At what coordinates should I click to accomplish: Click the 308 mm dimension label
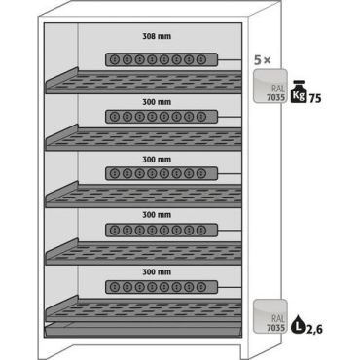(157, 36)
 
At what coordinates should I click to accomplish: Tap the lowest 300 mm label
(157, 271)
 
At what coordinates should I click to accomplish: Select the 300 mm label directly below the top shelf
(157, 102)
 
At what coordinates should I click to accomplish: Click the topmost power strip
(162, 59)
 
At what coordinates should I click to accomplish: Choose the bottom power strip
(162, 287)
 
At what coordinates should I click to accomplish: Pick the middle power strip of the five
(162, 173)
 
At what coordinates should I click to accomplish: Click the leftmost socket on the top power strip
(115, 59)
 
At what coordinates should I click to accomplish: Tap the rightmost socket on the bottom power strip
(201, 287)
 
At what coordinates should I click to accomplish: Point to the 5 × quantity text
(263, 60)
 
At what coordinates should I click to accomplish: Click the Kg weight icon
(299, 91)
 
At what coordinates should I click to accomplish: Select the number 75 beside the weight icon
(315, 98)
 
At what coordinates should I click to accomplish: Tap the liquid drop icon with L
(298, 324)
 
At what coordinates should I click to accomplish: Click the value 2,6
(314, 329)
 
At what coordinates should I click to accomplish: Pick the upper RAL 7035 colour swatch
(270, 86)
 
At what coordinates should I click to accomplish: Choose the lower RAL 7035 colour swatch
(270, 316)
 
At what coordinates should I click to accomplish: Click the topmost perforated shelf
(144, 82)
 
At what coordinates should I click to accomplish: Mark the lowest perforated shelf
(144, 309)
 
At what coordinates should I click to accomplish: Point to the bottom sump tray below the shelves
(143, 330)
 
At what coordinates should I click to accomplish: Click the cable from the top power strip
(230, 60)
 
